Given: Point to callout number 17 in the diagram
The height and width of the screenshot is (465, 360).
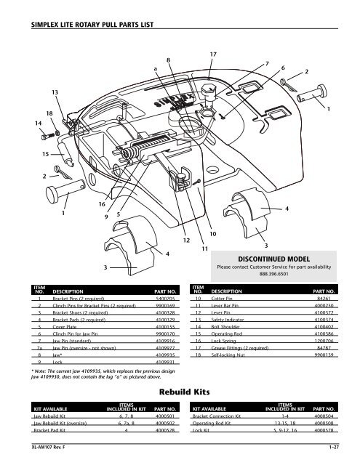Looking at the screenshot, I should tap(212, 54).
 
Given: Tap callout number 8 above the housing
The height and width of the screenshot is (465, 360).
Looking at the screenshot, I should tap(168, 59).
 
